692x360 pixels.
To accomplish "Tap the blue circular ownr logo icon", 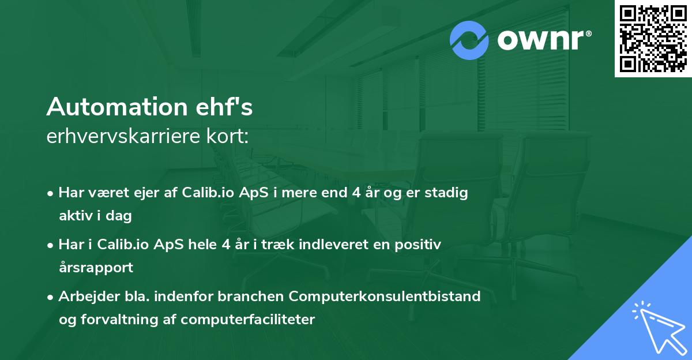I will [x=470, y=40].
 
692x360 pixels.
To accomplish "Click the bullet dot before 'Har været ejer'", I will [x=51, y=193].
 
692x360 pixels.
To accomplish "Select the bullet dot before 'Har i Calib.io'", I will [x=51, y=245].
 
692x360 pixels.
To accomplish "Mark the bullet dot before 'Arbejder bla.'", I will [x=51, y=297].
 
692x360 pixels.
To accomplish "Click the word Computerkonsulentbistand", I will [x=385, y=297].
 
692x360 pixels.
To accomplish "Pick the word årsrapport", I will [x=96, y=268].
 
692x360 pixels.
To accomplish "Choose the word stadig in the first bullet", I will [x=447, y=193].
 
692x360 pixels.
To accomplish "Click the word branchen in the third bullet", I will [x=255, y=297].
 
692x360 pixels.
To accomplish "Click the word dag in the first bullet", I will [x=121, y=216].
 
